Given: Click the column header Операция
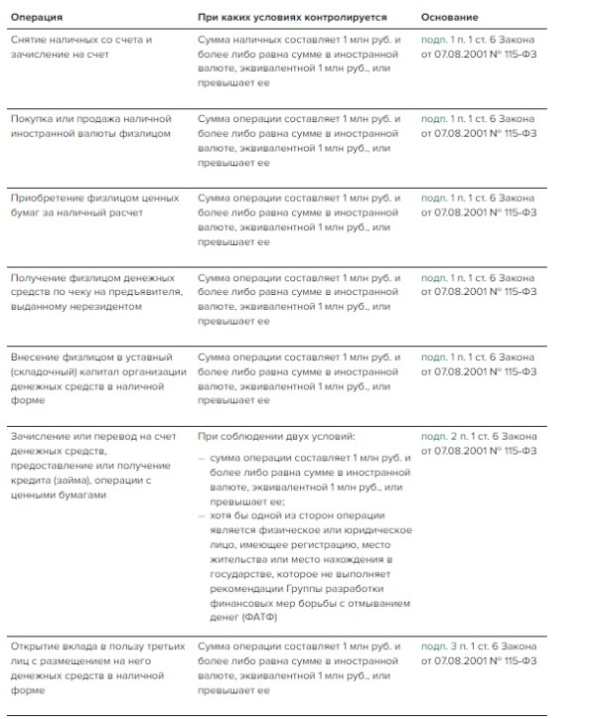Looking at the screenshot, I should (37, 17).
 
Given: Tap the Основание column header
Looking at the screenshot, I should (449, 17).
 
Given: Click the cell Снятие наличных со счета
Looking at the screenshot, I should (80, 47).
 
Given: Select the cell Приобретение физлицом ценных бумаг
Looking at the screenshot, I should (94, 205).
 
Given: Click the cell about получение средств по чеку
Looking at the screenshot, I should (95, 292).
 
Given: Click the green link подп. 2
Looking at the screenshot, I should (441, 436).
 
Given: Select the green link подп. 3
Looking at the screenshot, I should (441, 647).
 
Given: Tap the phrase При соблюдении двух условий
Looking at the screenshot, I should (275, 436).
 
